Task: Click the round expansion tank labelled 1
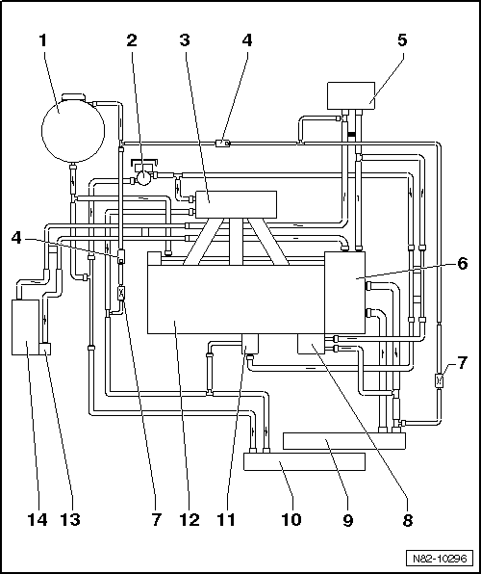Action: coord(73,130)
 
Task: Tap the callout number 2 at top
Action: coord(132,40)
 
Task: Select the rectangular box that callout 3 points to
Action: coord(236,204)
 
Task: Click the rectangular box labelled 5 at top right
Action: coord(351,95)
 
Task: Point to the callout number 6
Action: coord(463,263)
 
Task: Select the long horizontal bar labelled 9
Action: coord(344,441)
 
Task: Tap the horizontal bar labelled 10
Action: coord(304,461)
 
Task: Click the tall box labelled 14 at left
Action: coord(25,327)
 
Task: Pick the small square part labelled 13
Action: coord(45,349)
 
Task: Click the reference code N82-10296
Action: coord(440,559)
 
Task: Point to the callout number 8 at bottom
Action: coord(408,520)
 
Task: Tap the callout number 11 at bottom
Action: coord(226,520)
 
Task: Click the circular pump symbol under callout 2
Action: coord(143,178)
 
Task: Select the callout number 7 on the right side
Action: coord(462,363)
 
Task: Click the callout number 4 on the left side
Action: coord(16,238)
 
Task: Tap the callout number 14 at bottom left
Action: coord(38,520)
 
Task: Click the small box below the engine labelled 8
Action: coord(311,344)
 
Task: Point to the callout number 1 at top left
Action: coord(43,40)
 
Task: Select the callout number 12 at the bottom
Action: coord(190,520)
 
